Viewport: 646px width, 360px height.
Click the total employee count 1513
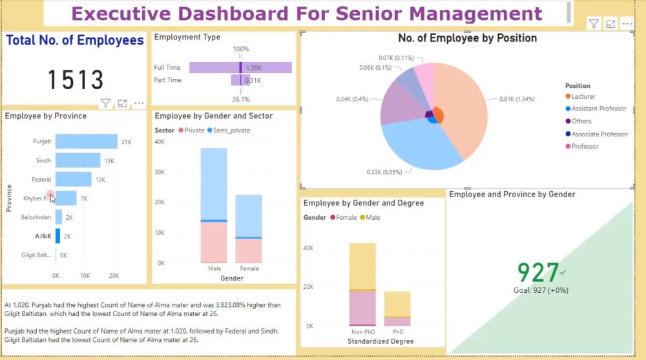(76, 80)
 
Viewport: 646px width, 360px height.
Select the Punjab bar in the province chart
(86, 142)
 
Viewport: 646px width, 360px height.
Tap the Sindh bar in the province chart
(78, 160)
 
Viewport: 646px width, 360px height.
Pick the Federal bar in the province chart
(73, 179)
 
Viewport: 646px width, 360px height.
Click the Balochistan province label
(36, 217)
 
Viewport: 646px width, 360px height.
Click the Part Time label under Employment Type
(167, 80)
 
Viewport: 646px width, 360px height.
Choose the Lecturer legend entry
(583, 96)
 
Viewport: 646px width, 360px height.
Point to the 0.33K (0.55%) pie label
(384, 173)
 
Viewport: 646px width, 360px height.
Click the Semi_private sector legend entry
(231, 131)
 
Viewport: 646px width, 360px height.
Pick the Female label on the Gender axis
(249, 268)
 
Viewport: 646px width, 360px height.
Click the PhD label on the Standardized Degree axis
(397, 332)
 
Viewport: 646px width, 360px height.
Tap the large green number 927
(537, 273)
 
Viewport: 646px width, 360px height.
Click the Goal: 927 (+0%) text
(541, 290)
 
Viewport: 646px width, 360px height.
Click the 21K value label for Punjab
(127, 142)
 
